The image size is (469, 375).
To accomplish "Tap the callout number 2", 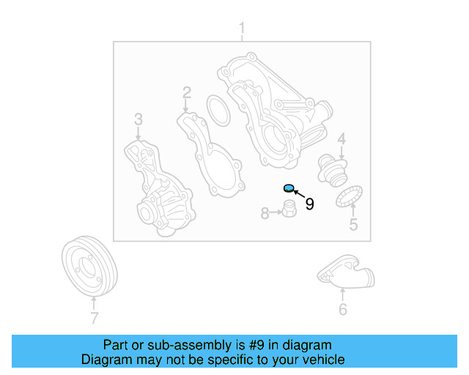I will [186, 92].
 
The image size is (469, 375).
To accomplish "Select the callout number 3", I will [137, 119].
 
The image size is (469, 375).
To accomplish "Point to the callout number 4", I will [341, 138].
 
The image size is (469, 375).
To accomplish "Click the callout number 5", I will [353, 224].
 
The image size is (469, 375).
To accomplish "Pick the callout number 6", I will [342, 309].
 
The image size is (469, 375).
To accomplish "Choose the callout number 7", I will [93, 317].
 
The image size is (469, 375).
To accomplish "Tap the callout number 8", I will [265, 213].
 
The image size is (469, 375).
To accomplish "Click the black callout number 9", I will [309, 204].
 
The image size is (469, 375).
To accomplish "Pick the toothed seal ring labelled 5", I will [350, 197].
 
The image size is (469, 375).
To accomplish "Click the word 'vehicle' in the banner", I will [322, 360].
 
